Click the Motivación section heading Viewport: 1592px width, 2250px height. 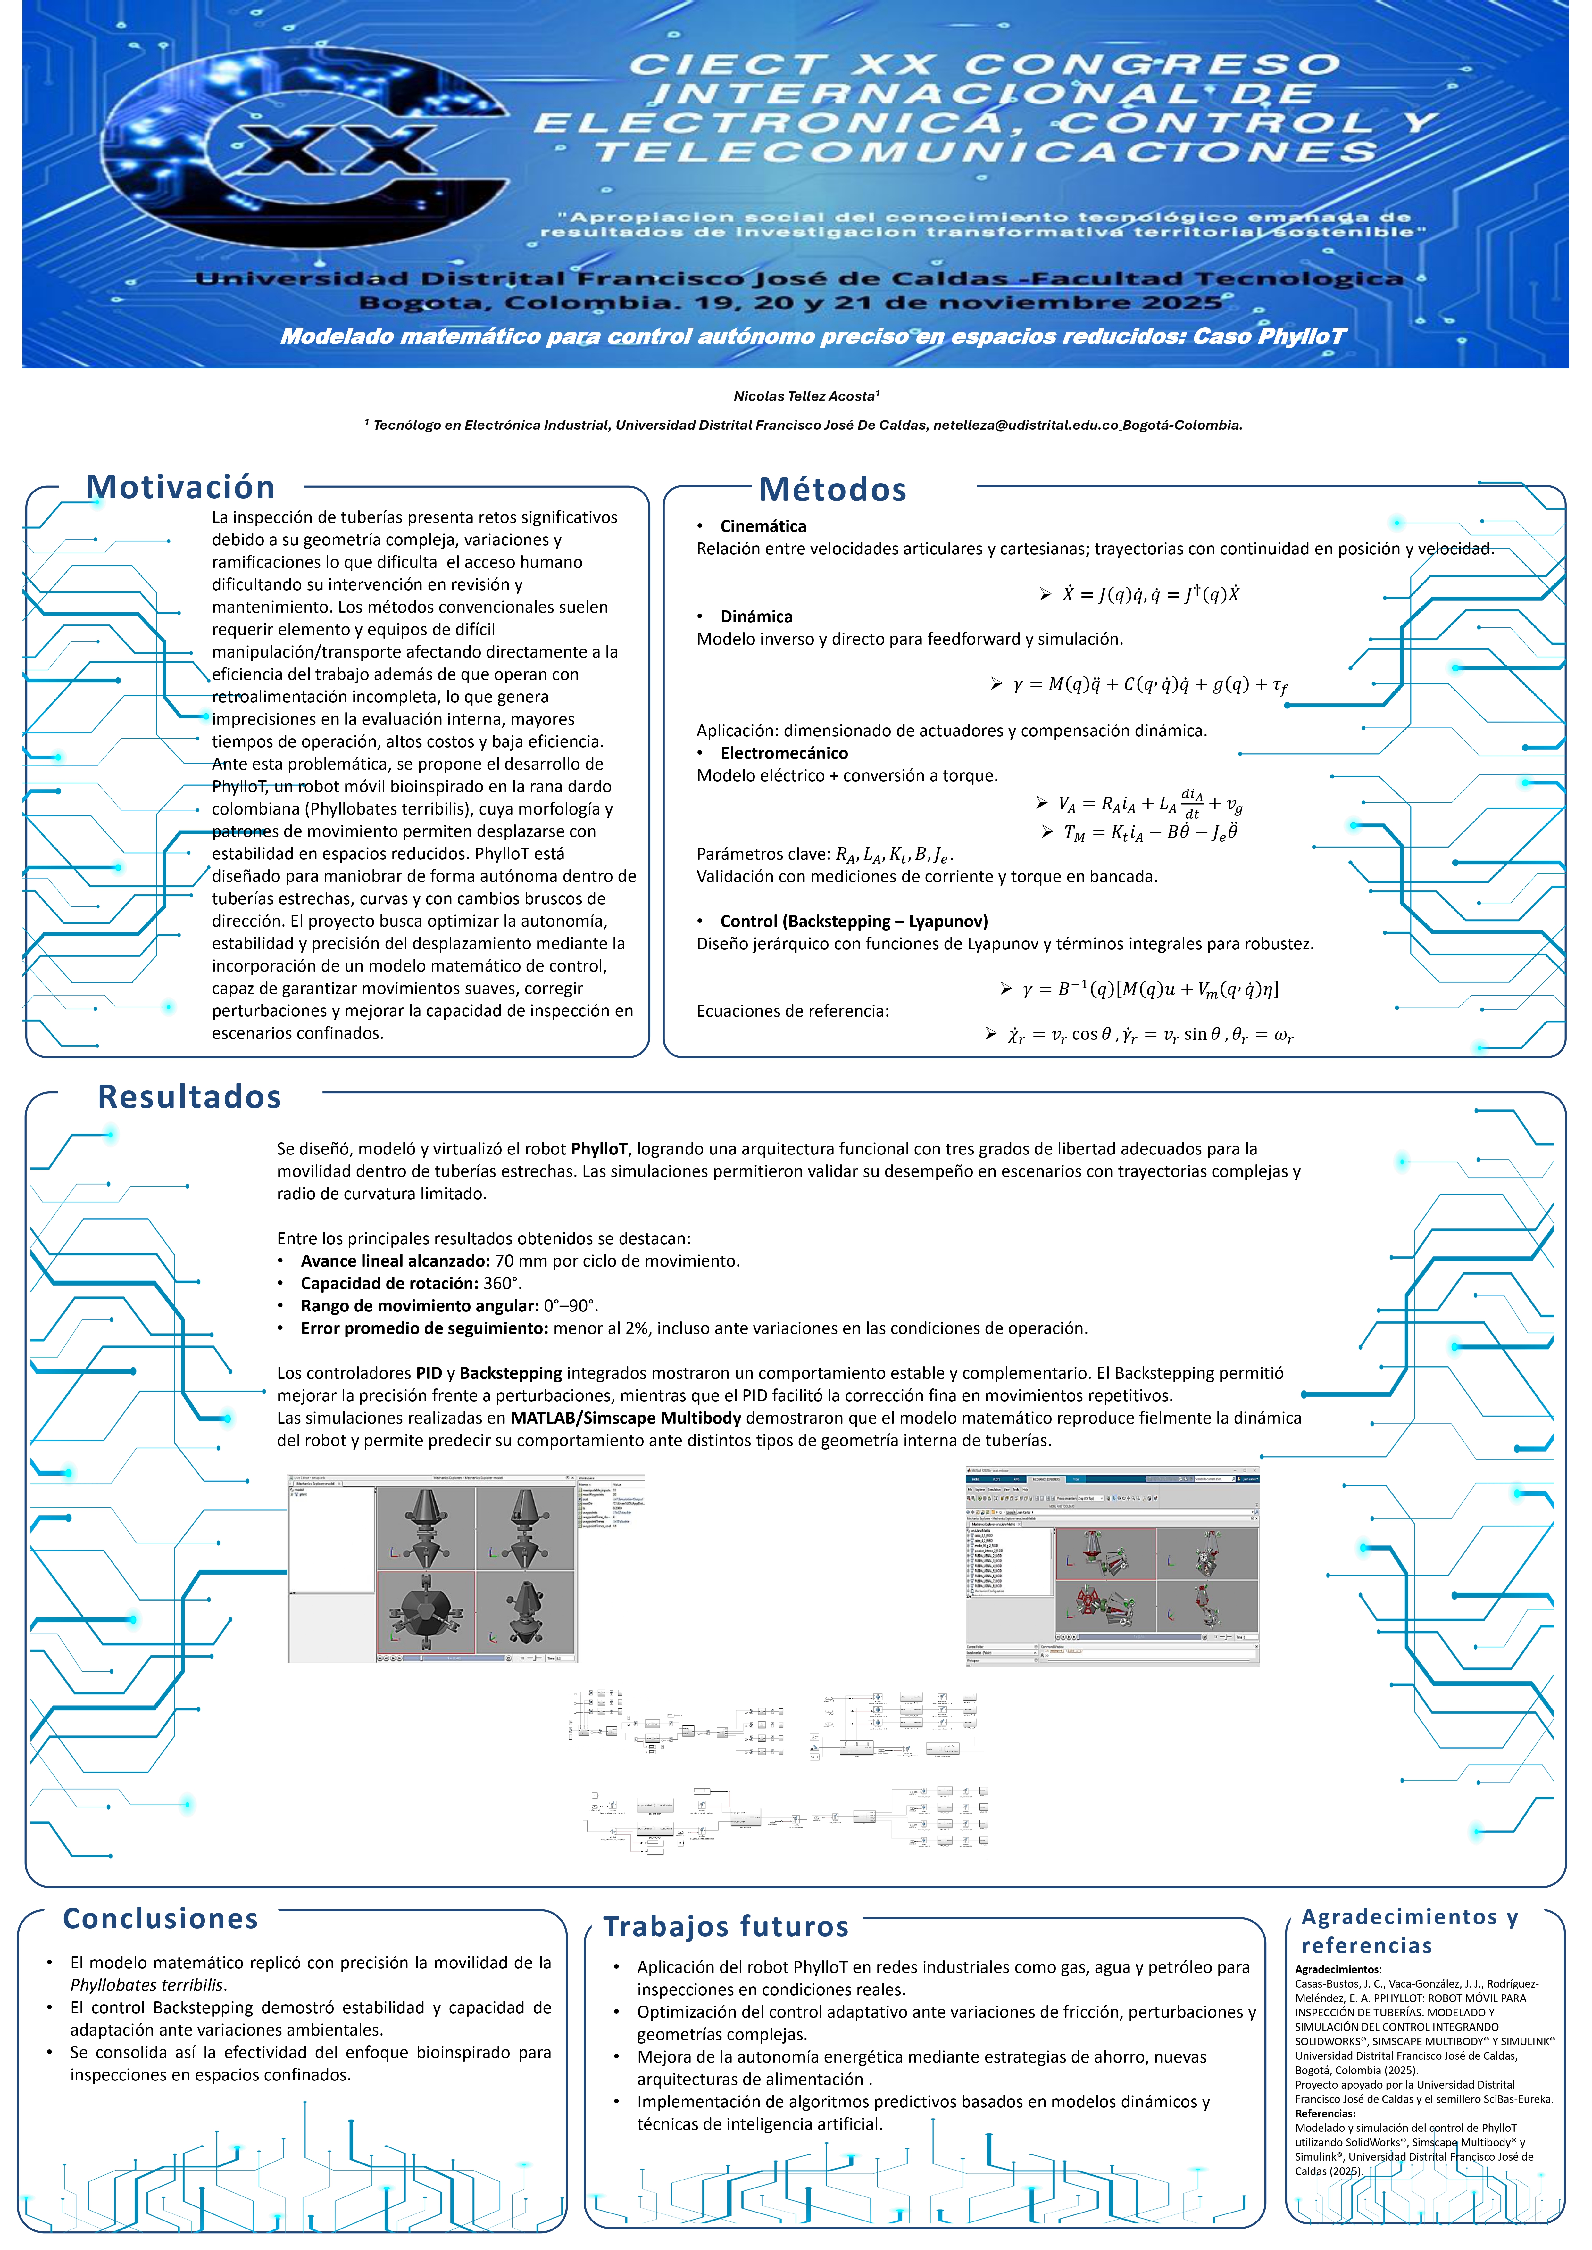[x=180, y=487]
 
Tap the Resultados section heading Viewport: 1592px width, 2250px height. [x=189, y=1096]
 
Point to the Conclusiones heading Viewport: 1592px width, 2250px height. [x=161, y=1918]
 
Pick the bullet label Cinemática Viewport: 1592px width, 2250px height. [x=763, y=526]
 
